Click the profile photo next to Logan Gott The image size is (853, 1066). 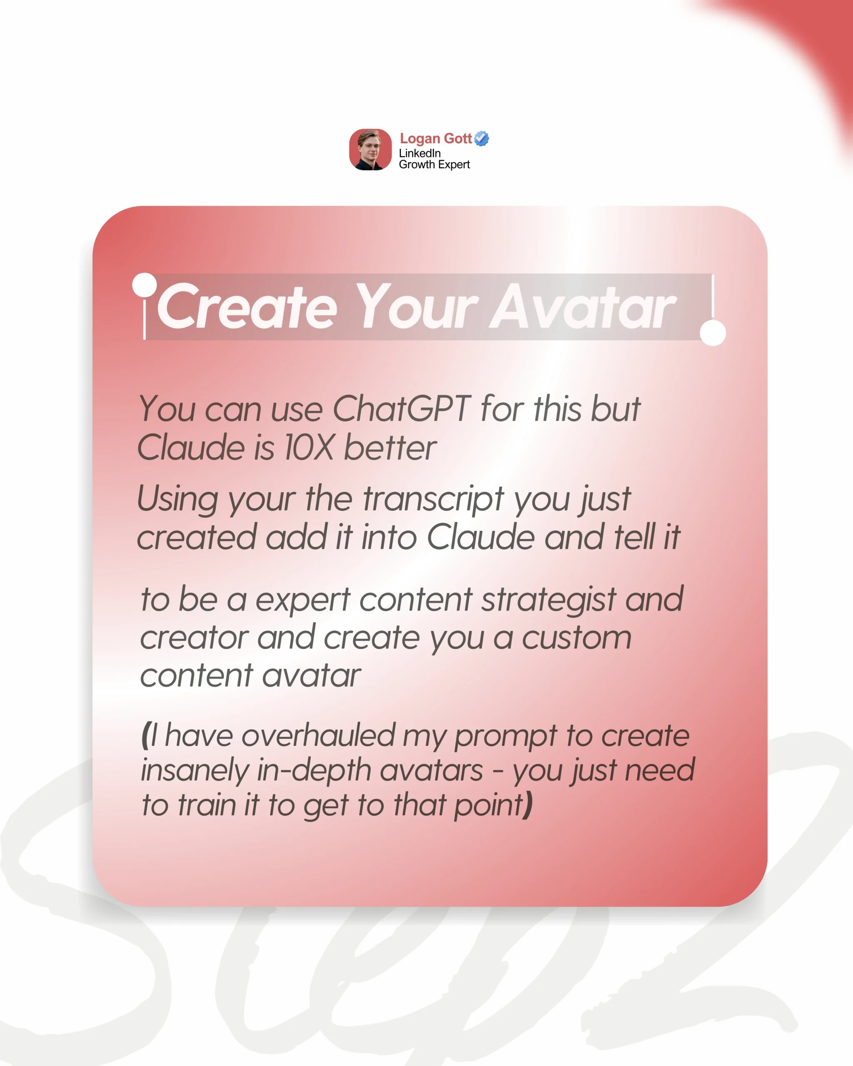coord(370,149)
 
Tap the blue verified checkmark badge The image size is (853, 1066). coord(481,138)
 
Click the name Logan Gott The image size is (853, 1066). coord(436,139)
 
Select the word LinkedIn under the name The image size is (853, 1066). coord(420,153)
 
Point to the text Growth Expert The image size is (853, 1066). coord(434,164)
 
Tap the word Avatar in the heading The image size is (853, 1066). coord(583,306)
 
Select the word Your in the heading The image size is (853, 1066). coord(417,306)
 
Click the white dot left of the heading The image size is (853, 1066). coord(145,285)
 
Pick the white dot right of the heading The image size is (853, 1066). coord(713,333)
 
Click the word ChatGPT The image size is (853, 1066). coord(402,409)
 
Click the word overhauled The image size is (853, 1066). coord(319,735)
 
